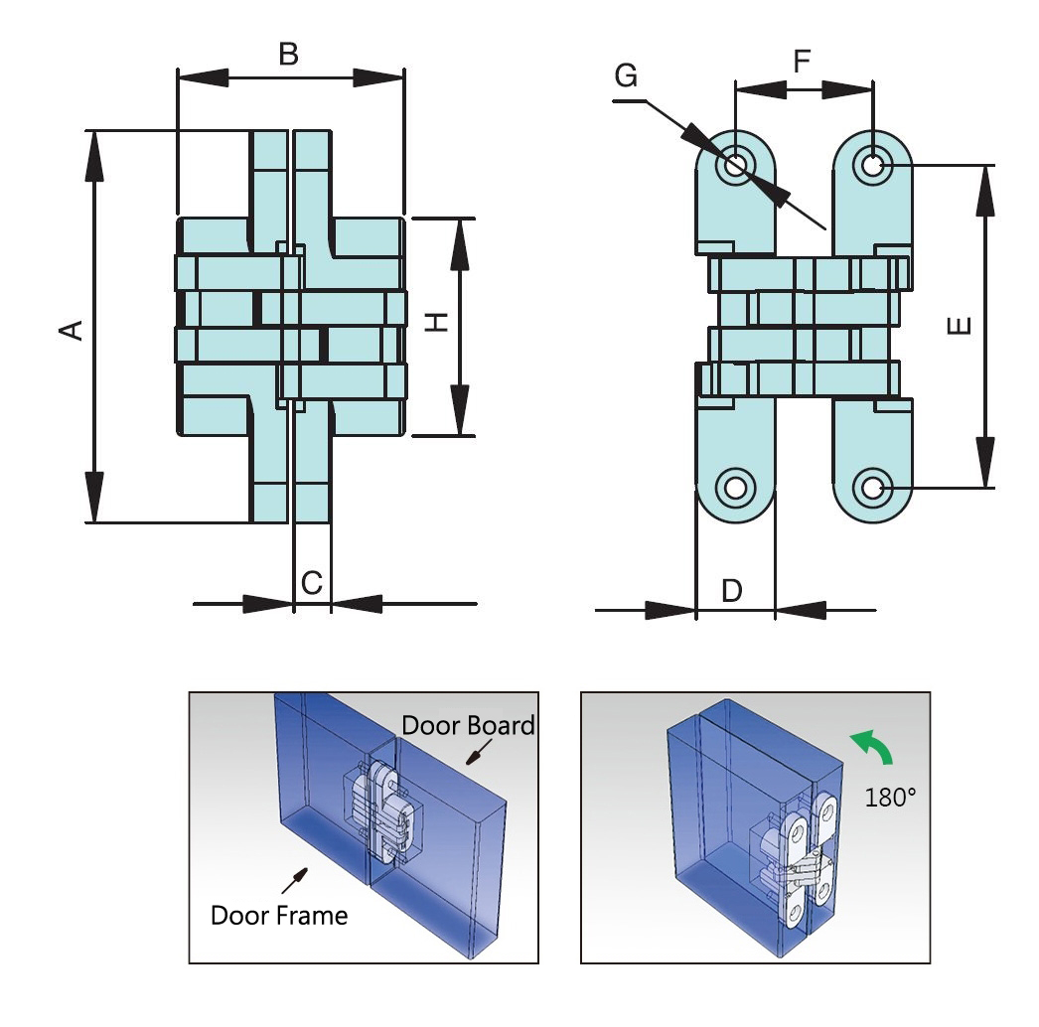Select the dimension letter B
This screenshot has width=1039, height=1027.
288,54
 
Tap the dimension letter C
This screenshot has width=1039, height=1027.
311,583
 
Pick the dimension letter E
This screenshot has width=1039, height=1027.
960,326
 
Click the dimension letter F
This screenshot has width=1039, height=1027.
802,62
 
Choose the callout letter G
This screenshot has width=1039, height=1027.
627,75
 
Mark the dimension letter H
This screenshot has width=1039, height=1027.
437,323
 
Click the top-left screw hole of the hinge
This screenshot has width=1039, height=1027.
735,164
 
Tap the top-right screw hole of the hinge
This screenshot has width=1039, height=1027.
872,164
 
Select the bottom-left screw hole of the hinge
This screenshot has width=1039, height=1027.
735,488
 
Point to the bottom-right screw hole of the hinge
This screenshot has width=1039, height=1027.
872,488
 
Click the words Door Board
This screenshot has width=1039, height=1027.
469,725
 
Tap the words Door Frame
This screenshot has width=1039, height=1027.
279,915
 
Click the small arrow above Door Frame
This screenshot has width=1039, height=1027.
295,879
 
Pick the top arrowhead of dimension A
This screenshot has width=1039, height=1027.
94,155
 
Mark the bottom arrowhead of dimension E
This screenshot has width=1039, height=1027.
984,462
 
